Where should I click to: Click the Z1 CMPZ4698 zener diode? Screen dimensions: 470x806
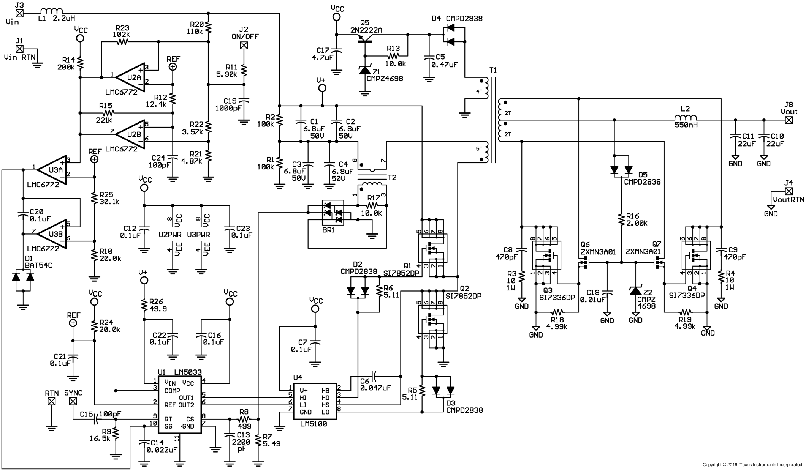point(365,70)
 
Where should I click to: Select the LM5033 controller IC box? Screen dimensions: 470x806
point(180,404)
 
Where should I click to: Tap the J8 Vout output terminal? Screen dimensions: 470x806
point(789,120)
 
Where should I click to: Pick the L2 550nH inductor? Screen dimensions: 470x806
point(685,118)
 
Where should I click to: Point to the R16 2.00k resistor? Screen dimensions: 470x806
point(621,219)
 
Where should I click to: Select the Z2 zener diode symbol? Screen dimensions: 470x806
point(635,291)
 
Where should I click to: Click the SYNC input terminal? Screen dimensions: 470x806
point(73,401)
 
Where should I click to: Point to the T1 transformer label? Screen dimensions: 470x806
point(493,70)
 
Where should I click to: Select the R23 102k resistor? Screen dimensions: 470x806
point(122,42)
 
